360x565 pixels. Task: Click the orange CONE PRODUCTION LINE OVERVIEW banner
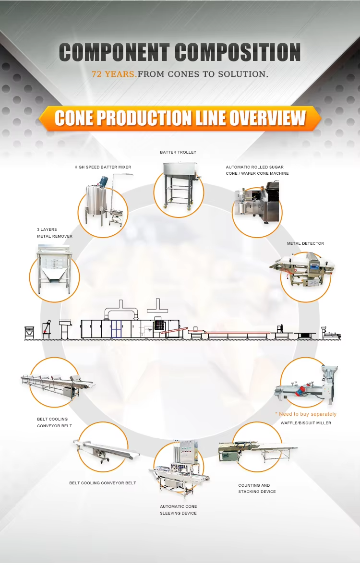pyautogui.click(x=180, y=118)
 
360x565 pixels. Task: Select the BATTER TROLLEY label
pyautogui.click(x=178, y=152)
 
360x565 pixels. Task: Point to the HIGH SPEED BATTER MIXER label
pyautogui.click(x=103, y=167)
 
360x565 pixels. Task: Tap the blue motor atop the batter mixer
pyautogui.click(x=103, y=181)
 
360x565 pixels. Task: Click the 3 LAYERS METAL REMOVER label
pyautogui.click(x=55, y=233)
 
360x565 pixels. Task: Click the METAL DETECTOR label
pyautogui.click(x=305, y=243)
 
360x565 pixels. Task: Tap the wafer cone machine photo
pyautogui.click(x=256, y=204)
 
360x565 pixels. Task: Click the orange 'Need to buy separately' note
pyautogui.click(x=306, y=414)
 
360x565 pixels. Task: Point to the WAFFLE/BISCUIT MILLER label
pyautogui.click(x=306, y=423)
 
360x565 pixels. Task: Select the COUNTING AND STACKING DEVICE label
pyautogui.click(x=257, y=488)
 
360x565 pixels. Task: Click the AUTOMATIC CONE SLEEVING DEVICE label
pyautogui.click(x=178, y=510)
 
